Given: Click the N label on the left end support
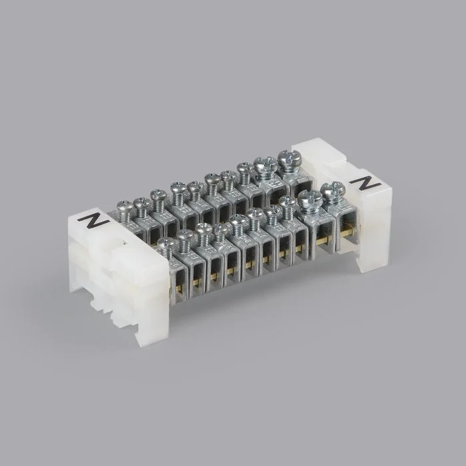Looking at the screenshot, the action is [x=94, y=221].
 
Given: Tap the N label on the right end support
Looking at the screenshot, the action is [x=365, y=183].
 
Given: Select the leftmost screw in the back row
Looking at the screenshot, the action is [x=125, y=210].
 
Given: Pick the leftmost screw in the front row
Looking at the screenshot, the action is [x=166, y=248].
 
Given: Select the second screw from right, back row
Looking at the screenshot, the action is [x=266, y=168].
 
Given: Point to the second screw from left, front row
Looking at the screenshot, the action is [x=186, y=241].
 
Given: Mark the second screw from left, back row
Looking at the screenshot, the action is [x=142, y=206].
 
